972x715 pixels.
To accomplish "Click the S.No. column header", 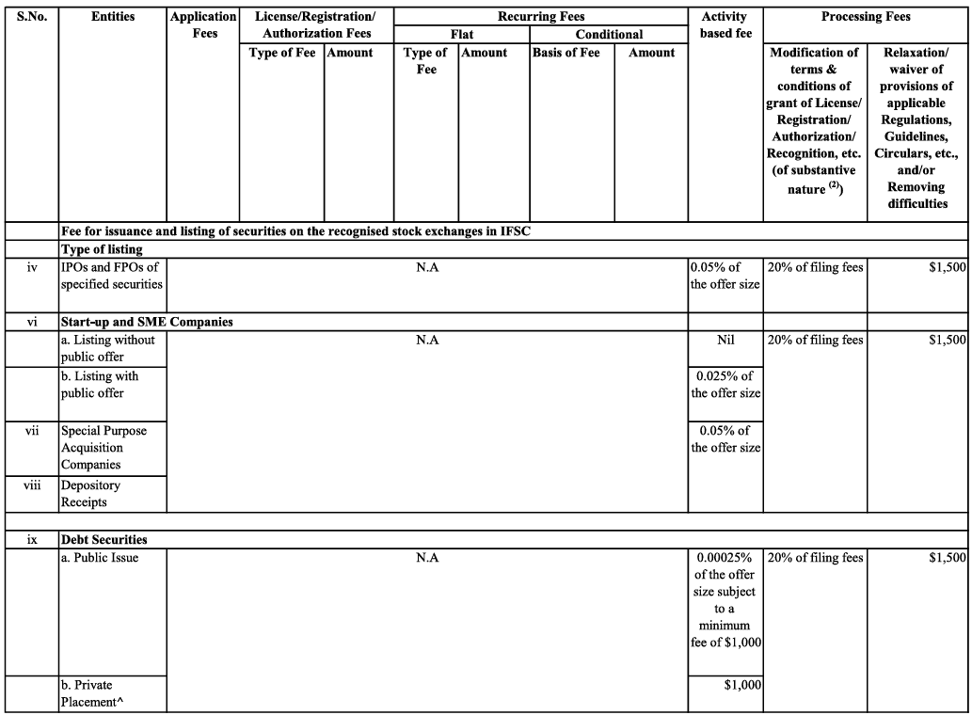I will [x=31, y=16].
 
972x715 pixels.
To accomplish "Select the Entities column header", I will [x=112, y=16].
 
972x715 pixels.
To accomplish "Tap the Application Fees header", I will [x=203, y=24].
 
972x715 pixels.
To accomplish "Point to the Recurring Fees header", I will [x=540, y=16].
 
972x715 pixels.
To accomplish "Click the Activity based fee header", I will [x=725, y=24].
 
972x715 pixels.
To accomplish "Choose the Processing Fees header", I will [x=865, y=16].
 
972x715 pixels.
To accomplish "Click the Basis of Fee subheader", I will [x=566, y=53].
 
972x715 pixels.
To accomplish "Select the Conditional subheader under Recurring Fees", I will [x=609, y=34].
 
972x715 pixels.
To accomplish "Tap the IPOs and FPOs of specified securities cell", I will [x=111, y=276].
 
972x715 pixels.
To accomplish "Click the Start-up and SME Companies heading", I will [x=147, y=322].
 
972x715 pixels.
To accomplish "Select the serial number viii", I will [x=31, y=485].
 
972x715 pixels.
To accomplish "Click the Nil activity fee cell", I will [x=725, y=340].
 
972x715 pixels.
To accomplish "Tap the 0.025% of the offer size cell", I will [x=725, y=385].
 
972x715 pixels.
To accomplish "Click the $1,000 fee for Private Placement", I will [x=741, y=685].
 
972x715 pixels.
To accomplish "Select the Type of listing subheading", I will [x=102, y=249].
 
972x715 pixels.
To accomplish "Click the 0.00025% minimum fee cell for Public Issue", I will [x=725, y=599].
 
